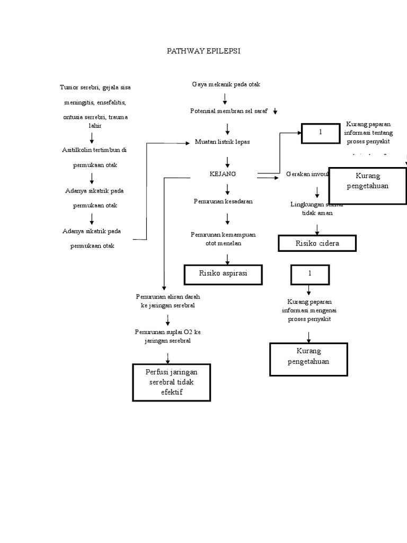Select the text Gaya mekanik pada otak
(x=226, y=84)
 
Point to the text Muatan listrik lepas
(x=223, y=142)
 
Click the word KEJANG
(x=223, y=173)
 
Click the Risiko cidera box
(x=317, y=243)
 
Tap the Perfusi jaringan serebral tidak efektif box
(x=171, y=382)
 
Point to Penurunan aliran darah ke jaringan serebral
(x=167, y=301)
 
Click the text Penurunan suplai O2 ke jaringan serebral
(x=167, y=336)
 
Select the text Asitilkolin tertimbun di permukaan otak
(x=94, y=157)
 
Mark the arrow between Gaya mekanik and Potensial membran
(x=226, y=98)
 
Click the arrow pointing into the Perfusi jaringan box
(x=167, y=355)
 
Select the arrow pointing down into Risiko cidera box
(x=317, y=229)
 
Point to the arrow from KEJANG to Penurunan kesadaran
(x=227, y=188)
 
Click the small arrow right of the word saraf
(x=276, y=111)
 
